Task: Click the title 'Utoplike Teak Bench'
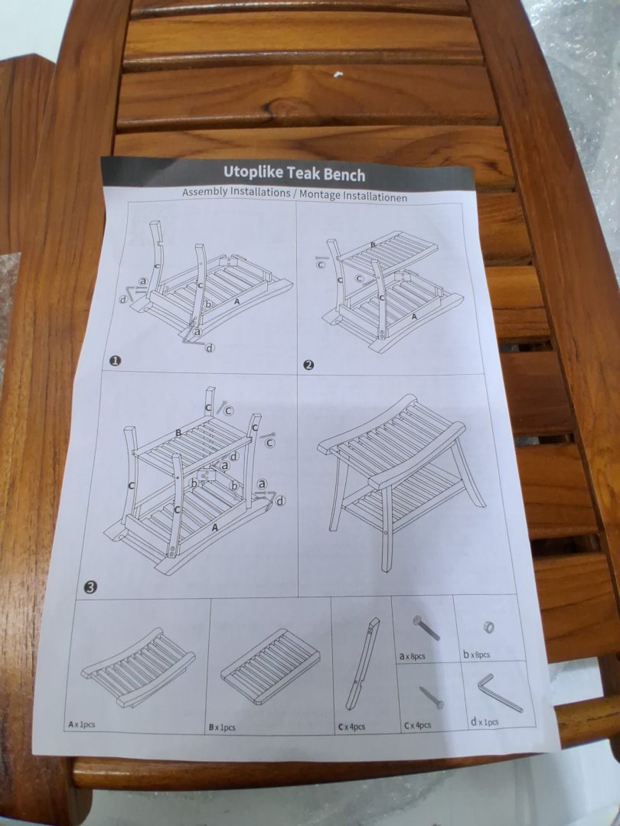294,174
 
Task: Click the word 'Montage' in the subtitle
320,195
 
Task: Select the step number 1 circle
115,361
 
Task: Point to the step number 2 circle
309,365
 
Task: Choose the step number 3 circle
90,587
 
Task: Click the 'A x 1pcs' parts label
82,725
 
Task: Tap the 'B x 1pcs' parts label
222,727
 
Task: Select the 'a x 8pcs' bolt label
413,656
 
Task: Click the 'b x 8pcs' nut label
477,655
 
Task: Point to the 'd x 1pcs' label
485,722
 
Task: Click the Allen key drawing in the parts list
499,694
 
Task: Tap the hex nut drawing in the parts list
488,627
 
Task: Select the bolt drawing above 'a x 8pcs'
426,627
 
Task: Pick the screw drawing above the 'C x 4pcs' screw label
432,697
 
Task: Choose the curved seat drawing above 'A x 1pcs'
138,667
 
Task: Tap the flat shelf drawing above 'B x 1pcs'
270,666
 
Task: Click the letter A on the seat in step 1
237,302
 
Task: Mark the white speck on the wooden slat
338,74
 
